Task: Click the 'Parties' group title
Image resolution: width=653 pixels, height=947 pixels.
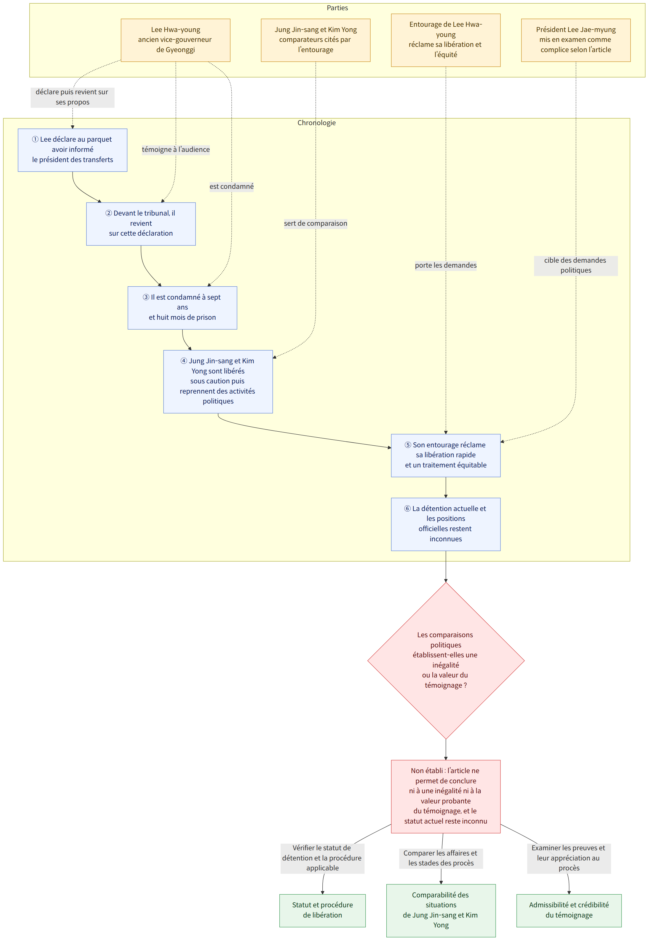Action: click(337, 8)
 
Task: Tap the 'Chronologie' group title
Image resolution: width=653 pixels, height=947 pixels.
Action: click(316, 123)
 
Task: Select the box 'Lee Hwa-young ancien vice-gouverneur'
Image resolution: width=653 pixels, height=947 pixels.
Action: click(176, 40)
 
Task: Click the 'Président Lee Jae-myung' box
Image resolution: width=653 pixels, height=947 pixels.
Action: click(576, 40)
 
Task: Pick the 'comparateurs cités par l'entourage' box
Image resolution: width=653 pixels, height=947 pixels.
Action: click(315, 40)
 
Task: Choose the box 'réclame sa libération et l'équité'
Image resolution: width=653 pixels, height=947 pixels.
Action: click(446, 40)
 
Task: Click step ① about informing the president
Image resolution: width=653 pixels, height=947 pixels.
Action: click(73, 150)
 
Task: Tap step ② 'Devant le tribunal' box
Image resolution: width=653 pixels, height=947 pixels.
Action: click(141, 224)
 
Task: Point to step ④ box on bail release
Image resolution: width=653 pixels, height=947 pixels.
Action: click(218, 381)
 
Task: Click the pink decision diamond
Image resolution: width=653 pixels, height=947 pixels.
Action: click(446, 660)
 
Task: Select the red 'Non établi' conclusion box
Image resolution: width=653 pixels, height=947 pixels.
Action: click(446, 796)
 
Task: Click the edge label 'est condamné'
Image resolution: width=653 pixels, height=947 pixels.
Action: click(232, 187)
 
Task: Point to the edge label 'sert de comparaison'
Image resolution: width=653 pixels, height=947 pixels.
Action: click(315, 223)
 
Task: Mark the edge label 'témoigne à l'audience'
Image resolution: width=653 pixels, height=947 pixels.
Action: click(176, 150)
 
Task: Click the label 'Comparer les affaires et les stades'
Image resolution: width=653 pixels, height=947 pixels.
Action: click(441, 858)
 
